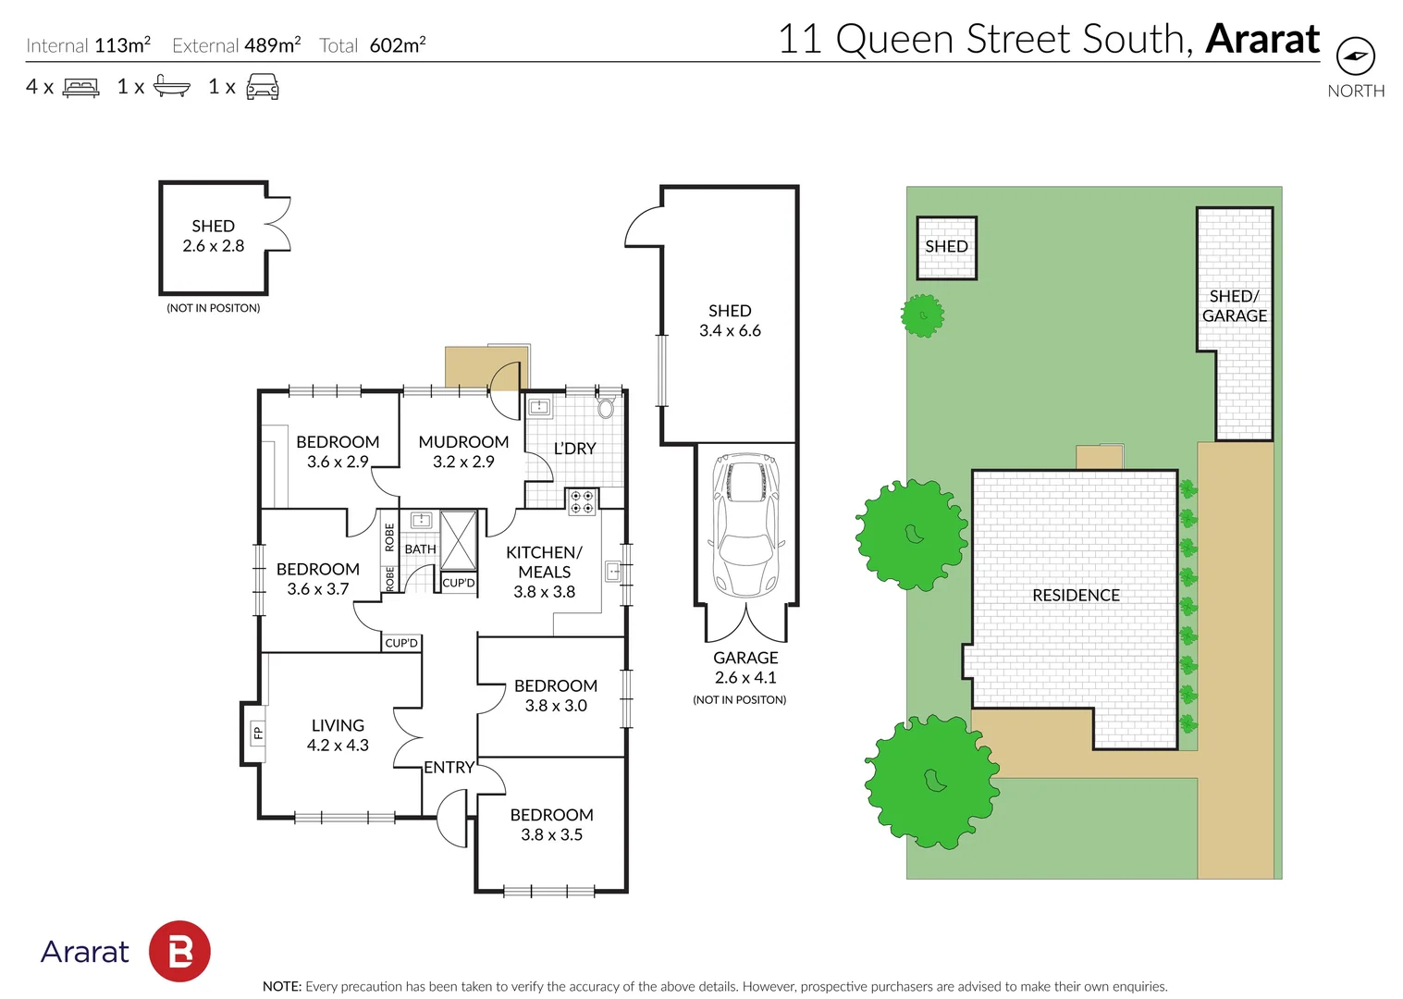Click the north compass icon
1355,56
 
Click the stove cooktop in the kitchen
582,501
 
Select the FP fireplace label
258,734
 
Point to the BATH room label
420,549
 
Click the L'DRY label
574,449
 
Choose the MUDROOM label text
463,442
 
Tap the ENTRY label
449,768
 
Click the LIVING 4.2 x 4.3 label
338,735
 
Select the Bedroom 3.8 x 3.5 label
551,824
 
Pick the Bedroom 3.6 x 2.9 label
338,451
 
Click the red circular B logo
179,951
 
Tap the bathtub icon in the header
171,87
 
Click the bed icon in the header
80,88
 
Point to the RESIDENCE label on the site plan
1076,596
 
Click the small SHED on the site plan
946,247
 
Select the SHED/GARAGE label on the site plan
1235,306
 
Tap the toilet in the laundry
606,407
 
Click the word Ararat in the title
1262,39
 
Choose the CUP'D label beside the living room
401,643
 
